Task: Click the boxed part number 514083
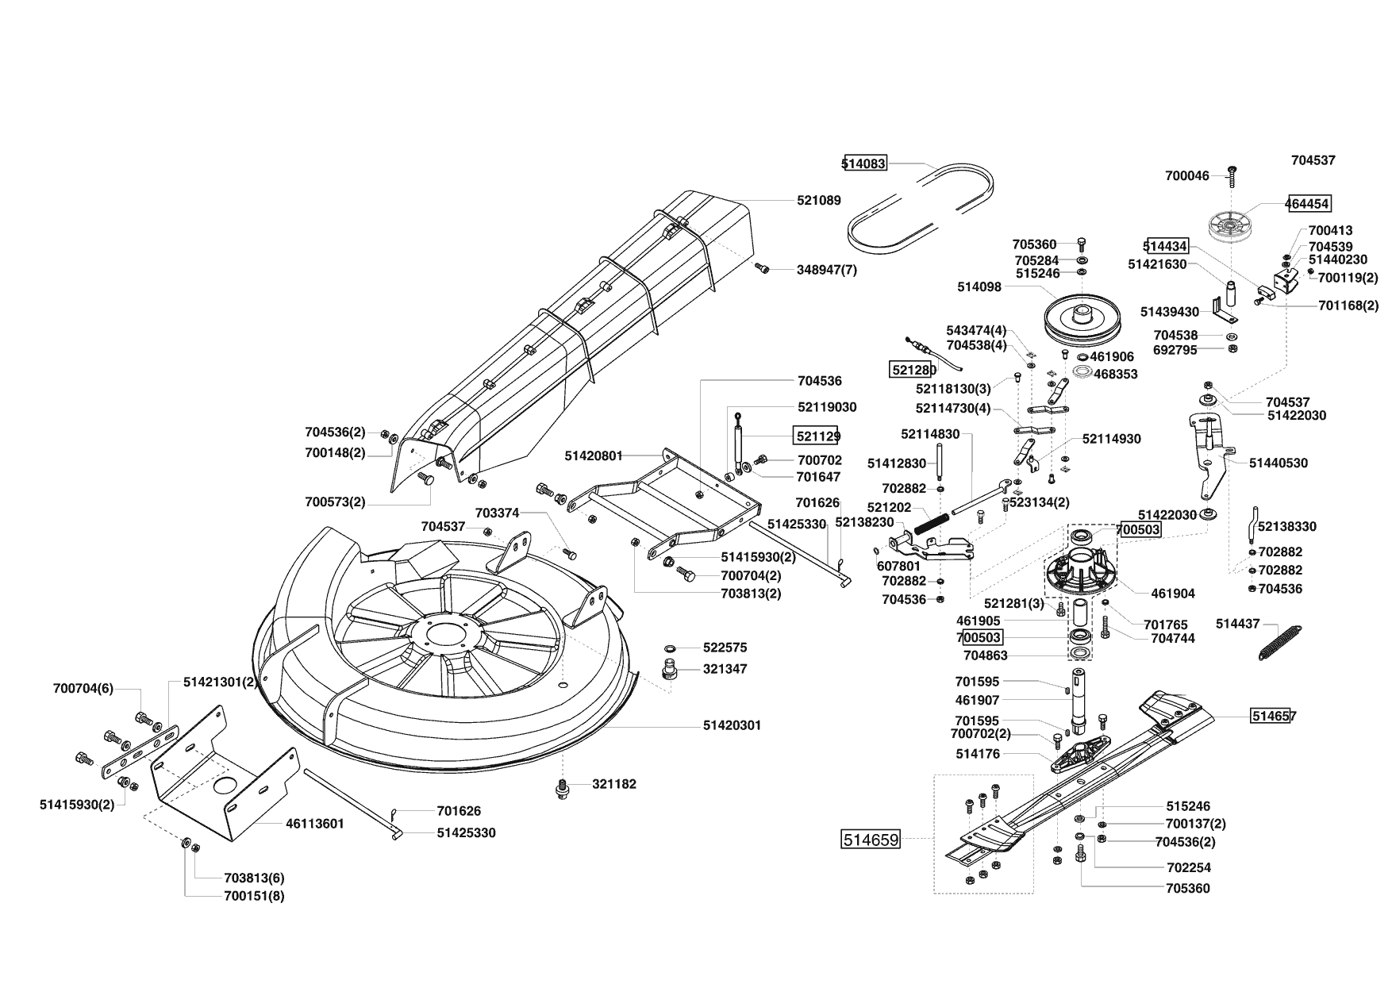pos(864,164)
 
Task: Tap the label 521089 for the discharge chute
pos(819,201)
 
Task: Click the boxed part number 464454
pos(1308,203)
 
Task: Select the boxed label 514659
pos(871,839)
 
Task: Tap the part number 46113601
pos(315,824)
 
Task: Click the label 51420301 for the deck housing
pos(732,725)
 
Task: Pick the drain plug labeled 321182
pos(562,789)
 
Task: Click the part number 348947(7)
pos(827,270)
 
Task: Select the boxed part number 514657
pos(1274,716)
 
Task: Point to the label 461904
pos(1173,594)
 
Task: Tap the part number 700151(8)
pos(254,896)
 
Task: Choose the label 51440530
pos(1279,463)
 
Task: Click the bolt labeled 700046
pos(1232,175)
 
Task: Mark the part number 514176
pos(979,754)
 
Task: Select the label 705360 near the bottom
pos(1188,888)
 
